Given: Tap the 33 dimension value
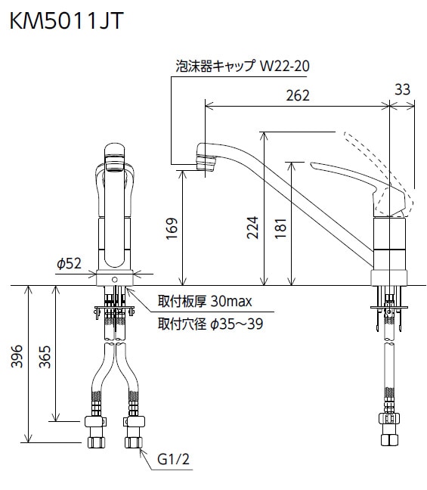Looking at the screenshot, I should [402, 89].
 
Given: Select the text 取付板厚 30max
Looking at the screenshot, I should [204, 301].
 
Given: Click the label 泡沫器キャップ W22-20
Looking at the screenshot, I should [241, 67].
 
